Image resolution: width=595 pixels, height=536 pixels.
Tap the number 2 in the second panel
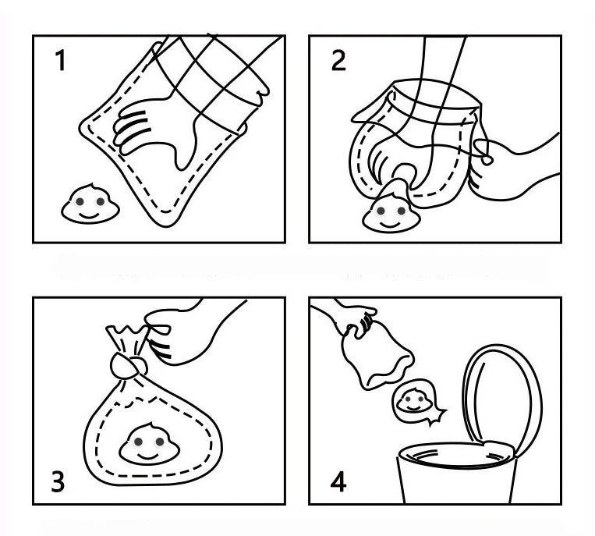tap(338, 62)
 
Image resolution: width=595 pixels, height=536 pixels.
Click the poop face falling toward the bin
tap(413, 401)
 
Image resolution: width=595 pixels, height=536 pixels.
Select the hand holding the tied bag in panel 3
tap(183, 332)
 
